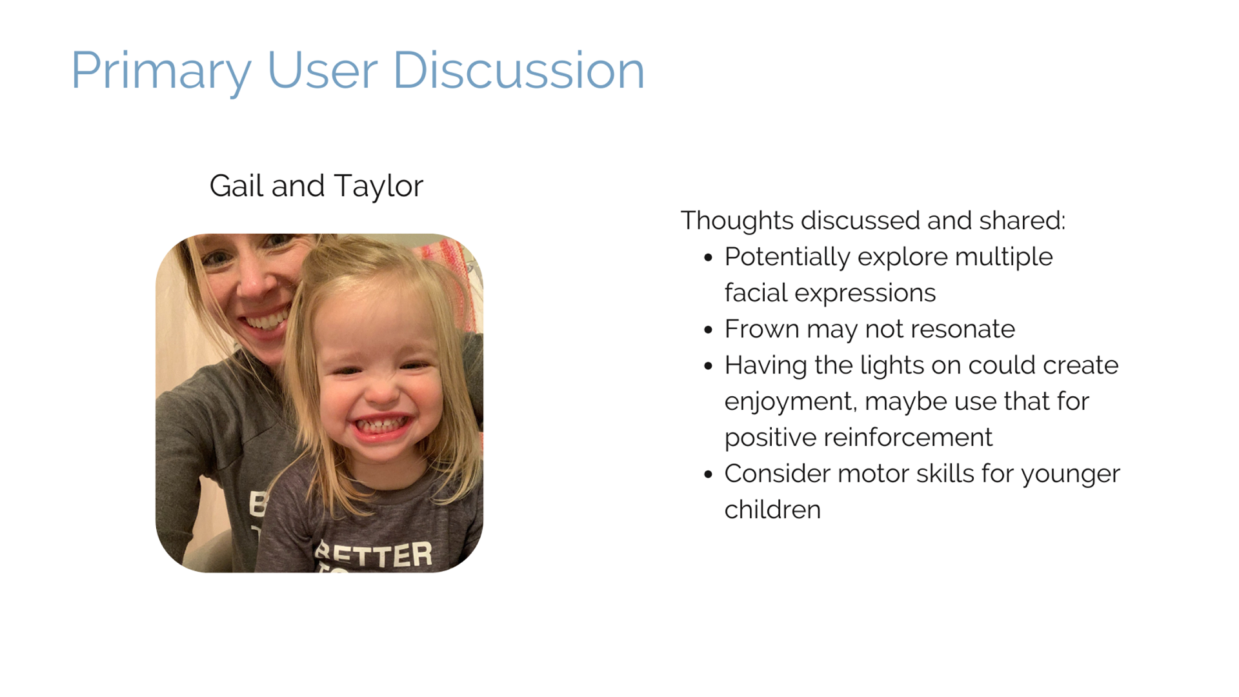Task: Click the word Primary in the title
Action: pos(161,72)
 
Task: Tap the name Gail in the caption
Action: pos(236,185)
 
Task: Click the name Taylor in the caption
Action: pos(379,187)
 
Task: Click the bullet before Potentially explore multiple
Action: pos(709,258)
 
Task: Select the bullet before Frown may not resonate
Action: pos(709,330)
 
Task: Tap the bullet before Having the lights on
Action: pos(709,366)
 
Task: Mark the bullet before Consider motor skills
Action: pos(709,474)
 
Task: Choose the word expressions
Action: pos(865,294)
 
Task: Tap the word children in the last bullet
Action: pos(772,510)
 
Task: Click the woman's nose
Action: pos(257,284)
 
